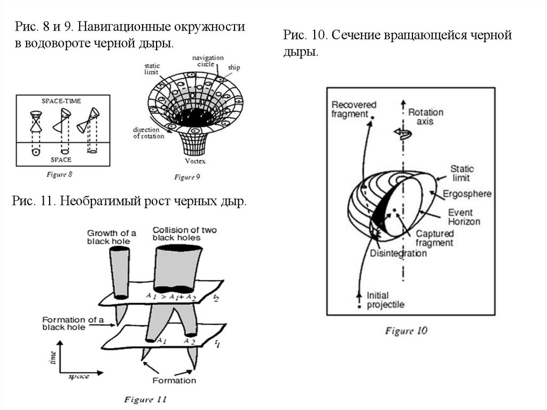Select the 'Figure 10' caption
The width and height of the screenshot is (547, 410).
[406, 331]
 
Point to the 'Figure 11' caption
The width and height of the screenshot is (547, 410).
[146, 399]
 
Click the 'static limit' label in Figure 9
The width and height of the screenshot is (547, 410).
[152, 68]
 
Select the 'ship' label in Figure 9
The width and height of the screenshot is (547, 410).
[233, 68]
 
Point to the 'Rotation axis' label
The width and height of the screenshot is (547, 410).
[426, 117]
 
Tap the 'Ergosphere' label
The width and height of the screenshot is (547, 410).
[467, 194]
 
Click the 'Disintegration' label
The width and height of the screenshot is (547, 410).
[398, 253]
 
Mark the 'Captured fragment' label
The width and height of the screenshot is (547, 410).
[434, 238]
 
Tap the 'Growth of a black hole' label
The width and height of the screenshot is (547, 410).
[111, 237]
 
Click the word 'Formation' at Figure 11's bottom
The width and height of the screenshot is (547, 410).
[174, 381]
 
